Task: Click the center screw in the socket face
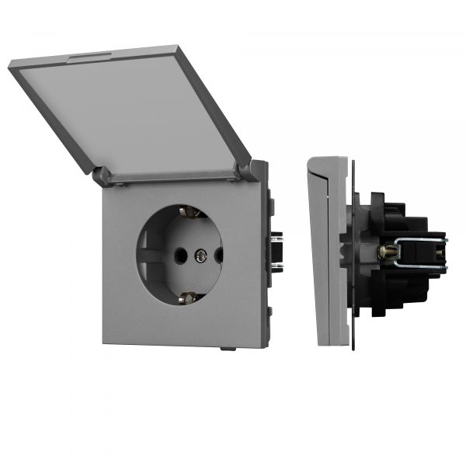click(201, 253)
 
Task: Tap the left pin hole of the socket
click(180, 253)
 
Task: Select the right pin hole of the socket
click(218, 253)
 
